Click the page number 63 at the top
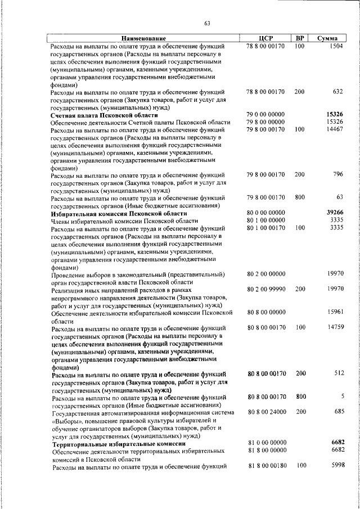[x=207, y=23]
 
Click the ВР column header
[x=299, y=38]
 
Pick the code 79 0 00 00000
[x=265, y=115]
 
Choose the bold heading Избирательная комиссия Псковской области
[x=118, y=213]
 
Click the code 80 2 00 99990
[x=265, y=289]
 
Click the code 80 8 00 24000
[x=265, y=412]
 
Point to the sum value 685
[x=337, y=412]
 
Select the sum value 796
[x=337, y=175]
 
